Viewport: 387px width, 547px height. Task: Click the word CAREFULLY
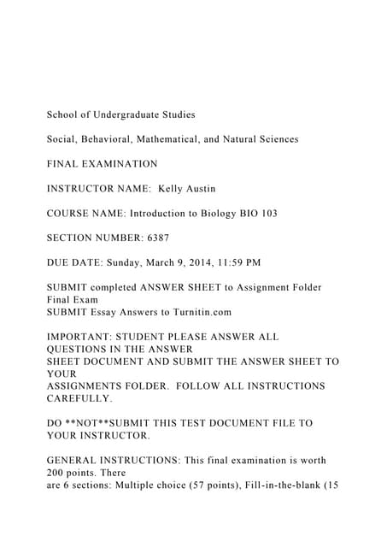(x=79, y=398)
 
